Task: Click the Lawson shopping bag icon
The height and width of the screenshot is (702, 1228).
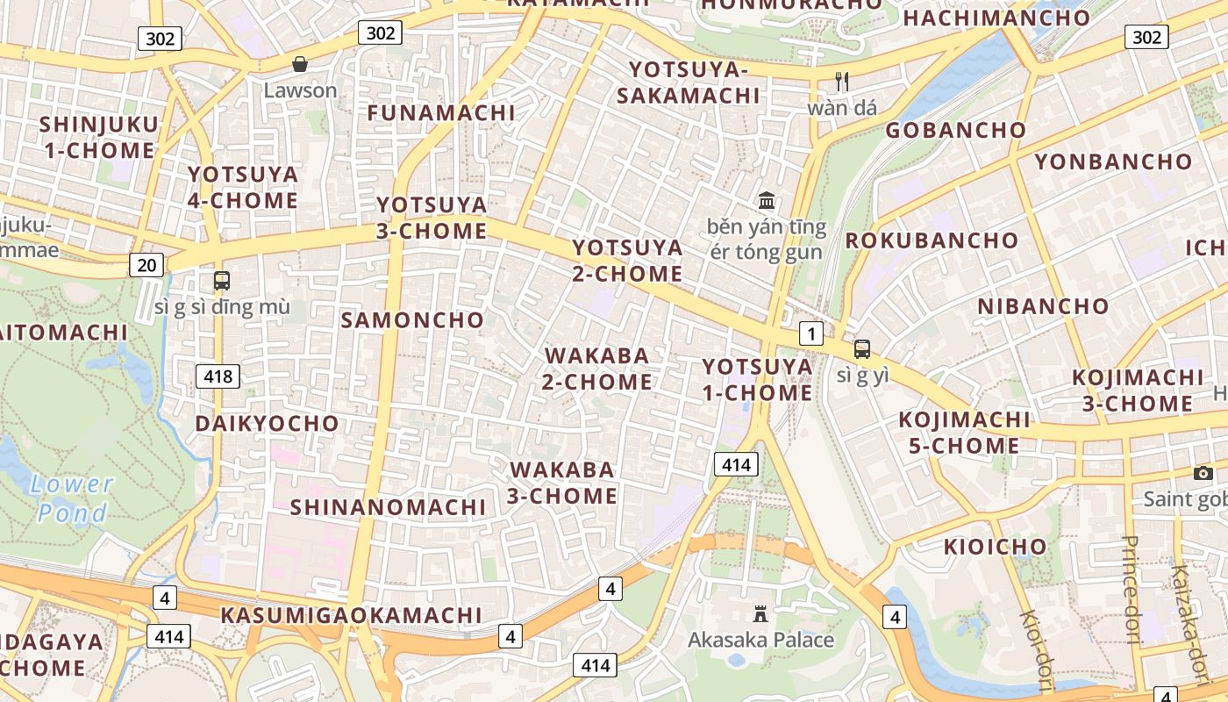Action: click(x=300, y=64)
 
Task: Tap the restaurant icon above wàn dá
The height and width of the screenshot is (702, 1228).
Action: click(x=842, y=82)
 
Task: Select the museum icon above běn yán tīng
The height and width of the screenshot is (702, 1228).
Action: click(x=767, y=200)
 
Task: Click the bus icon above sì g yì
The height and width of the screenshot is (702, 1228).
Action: click(x=862, y=348)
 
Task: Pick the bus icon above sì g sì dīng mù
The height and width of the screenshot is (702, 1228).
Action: click(x=221, y=281)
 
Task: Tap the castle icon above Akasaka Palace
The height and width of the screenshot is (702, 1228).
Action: click(x=760, y=614)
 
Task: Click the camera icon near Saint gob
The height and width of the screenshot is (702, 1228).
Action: click(x=1203, y=474)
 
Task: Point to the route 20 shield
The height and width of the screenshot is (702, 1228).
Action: click(x=146, y=264)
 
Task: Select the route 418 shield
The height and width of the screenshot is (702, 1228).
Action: click(x=217, y=376)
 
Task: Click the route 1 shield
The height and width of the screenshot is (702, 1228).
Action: click(x=812, y=333)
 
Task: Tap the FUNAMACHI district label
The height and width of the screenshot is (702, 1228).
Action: click(x=441, y=113)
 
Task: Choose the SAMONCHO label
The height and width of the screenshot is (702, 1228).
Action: click(x=412, y=320)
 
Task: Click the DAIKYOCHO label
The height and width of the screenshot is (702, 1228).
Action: click(x=267, y=424)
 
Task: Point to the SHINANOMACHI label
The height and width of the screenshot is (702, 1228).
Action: click(x=388, y=507)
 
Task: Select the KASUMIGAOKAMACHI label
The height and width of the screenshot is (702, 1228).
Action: click(x=351, y=615)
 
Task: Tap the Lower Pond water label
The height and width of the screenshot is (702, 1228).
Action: click(x=72, y=498)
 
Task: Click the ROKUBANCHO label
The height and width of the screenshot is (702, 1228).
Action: click(x=932, y=240)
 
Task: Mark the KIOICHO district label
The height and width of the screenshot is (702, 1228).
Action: click(x=995, y=547)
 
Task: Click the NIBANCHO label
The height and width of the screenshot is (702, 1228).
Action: click(x=1043, y=306)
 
